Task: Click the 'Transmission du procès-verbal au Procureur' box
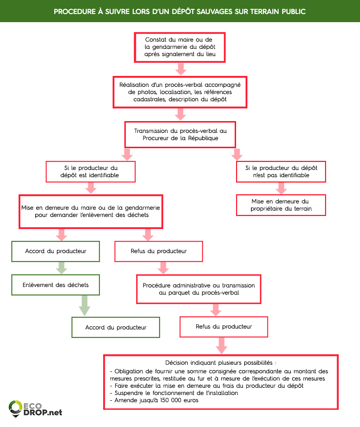pyautogui.click(x=180, y=134)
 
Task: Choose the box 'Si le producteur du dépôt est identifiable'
pyautogui.click(x=91, y=171)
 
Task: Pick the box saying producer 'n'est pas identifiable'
pyautogui.click(x=281, y=171)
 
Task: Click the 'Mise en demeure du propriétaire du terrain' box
pyautogui.click(x=281, y=205)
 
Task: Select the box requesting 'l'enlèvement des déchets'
pyautogui.click(x=91, y=211)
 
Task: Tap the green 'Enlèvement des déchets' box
pyautogui.click(x=56, y=285)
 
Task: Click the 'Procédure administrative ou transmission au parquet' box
pyautogui.click(x=199, y=289)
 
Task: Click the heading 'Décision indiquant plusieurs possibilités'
pyautogui.click(x=221, y=363)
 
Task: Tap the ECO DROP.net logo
pyautogui.click(x=35, y=408)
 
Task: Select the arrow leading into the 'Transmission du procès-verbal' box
pyautogui.click(x=180, y=115)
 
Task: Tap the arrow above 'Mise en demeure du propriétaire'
pyautogui.click(x=281, y=188)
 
